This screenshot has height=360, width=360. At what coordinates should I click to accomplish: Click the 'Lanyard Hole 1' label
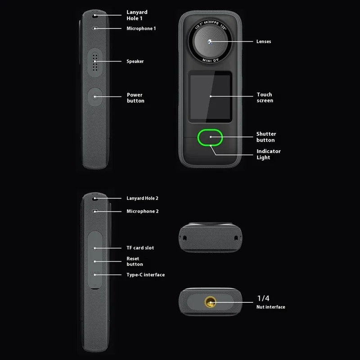point(137,15)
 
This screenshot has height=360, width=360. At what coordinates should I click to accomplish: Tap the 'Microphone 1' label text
point(141,28)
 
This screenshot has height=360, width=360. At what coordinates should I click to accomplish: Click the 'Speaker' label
point(135,61)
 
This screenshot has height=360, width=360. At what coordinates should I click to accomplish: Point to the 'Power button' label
point(135,98)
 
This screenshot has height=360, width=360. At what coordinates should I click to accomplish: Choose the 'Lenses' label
point(264,41)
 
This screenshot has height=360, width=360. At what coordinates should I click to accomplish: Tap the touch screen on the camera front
point(210,96)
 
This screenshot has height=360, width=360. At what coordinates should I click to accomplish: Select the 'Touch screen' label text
point(265,98)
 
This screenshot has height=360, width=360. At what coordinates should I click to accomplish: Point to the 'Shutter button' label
point(266,137)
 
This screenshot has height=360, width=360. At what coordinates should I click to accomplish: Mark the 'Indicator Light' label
point(268,154)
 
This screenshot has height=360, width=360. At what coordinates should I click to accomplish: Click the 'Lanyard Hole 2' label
point(142,198)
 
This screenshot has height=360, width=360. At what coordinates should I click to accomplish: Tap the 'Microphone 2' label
point(142,211)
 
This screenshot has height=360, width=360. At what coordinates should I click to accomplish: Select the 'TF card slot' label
point(140,247)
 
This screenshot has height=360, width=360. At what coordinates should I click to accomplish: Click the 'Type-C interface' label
point(145,274)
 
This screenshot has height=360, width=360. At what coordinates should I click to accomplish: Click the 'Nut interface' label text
point(271,307)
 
